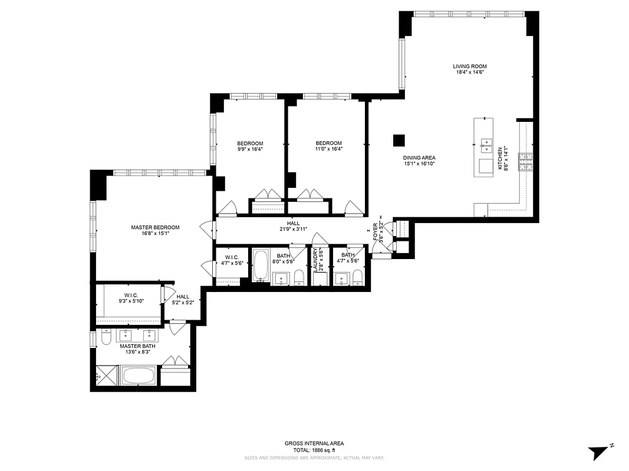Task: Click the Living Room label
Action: [x=469, y=67]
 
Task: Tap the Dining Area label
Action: [x=419, y=158]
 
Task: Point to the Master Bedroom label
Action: [x=155, y=227]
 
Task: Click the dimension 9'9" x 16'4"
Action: [x=250, y=150]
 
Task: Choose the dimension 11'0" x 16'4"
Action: [x=328, y=150]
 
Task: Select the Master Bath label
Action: [x=137, y=346]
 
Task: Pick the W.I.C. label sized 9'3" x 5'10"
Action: [x=130, y=295]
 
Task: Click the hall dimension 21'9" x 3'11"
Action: [x=293, y=230]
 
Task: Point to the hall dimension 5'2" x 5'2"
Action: [x=183, y=303]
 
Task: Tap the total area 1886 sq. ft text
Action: [x=314, y=450]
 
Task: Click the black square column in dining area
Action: [x=400, y=140]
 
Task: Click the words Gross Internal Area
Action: [x=314, y=443]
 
